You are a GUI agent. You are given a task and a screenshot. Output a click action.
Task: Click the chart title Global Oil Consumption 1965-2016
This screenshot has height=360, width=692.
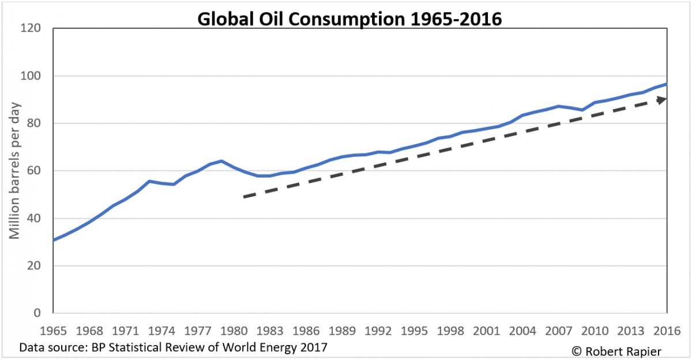point(350,18)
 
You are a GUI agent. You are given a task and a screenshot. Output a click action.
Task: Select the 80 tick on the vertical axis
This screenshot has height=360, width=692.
point(38,123)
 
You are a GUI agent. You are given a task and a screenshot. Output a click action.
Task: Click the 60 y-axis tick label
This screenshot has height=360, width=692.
point(38,171)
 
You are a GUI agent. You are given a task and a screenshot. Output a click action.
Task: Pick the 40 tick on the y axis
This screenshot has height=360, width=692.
point(38,219)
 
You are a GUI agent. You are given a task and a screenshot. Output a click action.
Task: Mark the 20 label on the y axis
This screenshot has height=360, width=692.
point(38,266)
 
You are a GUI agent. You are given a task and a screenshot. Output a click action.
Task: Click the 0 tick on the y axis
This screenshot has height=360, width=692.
point(42,313)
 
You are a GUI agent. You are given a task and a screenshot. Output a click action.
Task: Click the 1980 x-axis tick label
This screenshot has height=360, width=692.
point(234,332)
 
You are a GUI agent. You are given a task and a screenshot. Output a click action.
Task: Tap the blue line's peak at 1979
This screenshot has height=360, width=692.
point(221,161)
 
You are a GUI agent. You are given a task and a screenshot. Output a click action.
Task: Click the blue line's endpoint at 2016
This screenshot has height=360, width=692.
point(667,84)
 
